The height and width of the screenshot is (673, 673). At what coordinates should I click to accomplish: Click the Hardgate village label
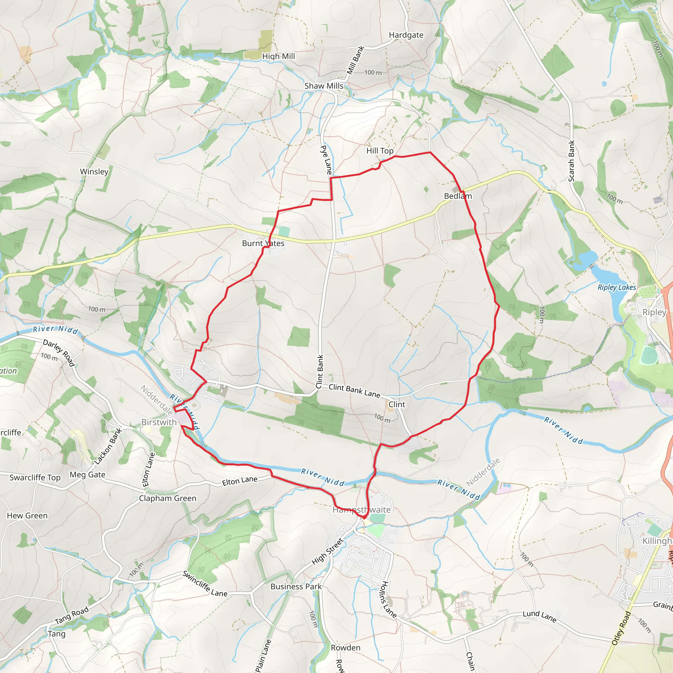pos(406,35)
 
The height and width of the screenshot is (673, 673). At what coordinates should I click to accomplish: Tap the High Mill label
pos(278,56)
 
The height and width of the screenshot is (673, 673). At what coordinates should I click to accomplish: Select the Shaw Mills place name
pos(324,86)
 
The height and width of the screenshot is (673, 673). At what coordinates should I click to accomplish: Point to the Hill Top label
pos(380,151)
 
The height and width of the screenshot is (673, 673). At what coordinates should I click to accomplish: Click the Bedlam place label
pos(458,196)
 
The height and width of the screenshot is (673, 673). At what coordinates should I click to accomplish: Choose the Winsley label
pos(94,172)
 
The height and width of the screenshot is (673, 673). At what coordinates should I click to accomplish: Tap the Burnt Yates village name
pos(263,243)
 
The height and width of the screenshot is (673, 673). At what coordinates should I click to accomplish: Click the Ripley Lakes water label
pos(616,288)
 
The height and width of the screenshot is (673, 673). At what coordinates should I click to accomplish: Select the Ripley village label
pos(654,312)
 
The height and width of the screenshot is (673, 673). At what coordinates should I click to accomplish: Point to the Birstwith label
pos(159,422)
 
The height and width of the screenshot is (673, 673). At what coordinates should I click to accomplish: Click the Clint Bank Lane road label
pos(354,391)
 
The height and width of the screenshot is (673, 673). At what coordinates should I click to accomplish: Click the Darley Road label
pos(59,353)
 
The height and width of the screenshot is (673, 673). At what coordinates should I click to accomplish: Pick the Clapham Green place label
pos(168,498)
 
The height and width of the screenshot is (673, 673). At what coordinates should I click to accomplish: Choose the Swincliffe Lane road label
pos(205,584)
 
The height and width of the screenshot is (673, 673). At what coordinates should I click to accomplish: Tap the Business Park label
pos(296,586)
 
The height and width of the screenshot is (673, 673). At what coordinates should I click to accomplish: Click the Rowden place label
pos(346,648)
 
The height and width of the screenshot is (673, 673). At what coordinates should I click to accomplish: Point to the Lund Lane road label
pos(539,616)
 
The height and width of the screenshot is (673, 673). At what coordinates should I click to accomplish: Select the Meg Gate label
pos(87,475)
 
